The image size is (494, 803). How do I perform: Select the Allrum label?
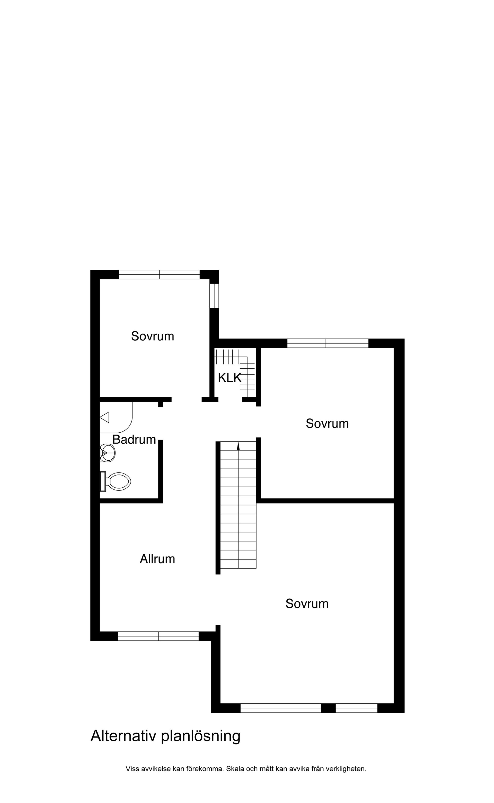(157, 559)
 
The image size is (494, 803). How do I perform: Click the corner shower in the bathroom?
(116, 417)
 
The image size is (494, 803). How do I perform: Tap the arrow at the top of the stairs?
(238, 446)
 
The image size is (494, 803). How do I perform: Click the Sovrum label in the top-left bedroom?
(153, 336)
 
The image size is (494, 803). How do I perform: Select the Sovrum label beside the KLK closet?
(327, 423)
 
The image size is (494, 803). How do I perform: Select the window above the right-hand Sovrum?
(328, 343)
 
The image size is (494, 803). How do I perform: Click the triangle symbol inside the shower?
(104, 417)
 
